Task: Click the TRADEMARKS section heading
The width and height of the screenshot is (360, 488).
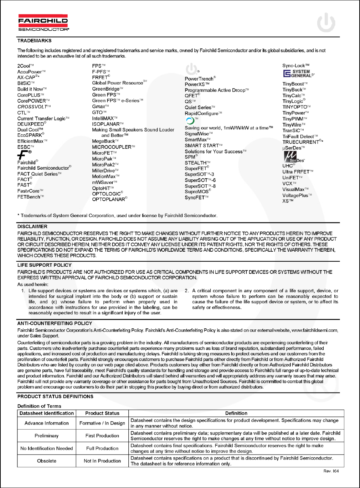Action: point(35,41)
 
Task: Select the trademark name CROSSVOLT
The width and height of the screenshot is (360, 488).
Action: point(32,107)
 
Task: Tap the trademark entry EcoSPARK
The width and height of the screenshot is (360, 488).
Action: point(30,135)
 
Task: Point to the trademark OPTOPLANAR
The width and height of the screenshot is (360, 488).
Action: point(109,199)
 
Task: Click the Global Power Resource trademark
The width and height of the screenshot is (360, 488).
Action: point(118,83)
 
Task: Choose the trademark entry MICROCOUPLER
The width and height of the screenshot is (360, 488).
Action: point(112,147)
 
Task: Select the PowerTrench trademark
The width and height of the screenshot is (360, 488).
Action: point(199,79)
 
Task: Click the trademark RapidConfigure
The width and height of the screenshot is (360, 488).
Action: point(202,113)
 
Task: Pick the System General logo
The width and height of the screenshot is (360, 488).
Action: point(298,74)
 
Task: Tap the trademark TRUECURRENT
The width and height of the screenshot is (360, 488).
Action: point(301,142)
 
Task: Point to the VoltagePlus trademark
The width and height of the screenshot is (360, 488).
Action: point(295,195)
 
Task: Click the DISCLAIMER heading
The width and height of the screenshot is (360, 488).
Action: point(32,226)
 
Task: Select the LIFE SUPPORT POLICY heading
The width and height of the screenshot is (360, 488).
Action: point(45,265)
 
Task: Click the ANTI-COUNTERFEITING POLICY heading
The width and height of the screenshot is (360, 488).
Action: point(55,323)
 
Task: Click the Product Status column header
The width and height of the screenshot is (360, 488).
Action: point(102,413)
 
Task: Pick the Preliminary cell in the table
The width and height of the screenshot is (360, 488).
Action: point(47,436)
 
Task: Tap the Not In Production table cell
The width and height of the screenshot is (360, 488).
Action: point(102,461)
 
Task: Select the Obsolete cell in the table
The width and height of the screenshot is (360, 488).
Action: point(47,461)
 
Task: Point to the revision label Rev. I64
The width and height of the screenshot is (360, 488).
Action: point(331,471)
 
